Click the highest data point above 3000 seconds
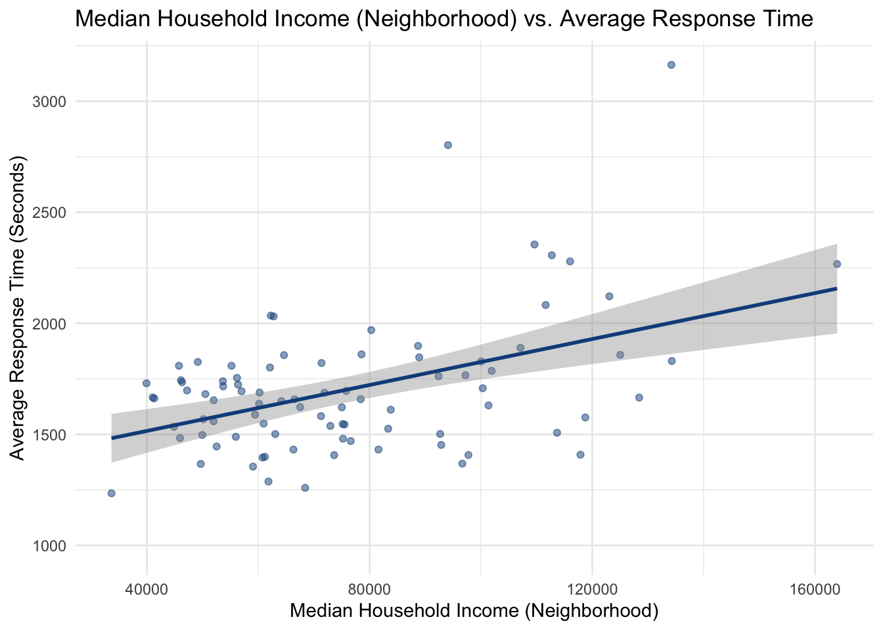(x=671, y=64)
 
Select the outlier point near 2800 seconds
(x=448, y=145)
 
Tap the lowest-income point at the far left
(x=111, y=493)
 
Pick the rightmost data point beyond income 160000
(x=836, y=264)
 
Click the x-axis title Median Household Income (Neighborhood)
(x=474, y=611)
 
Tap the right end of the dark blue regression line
(x=836, y=288)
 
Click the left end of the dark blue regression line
(x=112, y=438)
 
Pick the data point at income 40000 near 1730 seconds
(x=147, y=383)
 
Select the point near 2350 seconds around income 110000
(x=534, y=244)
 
